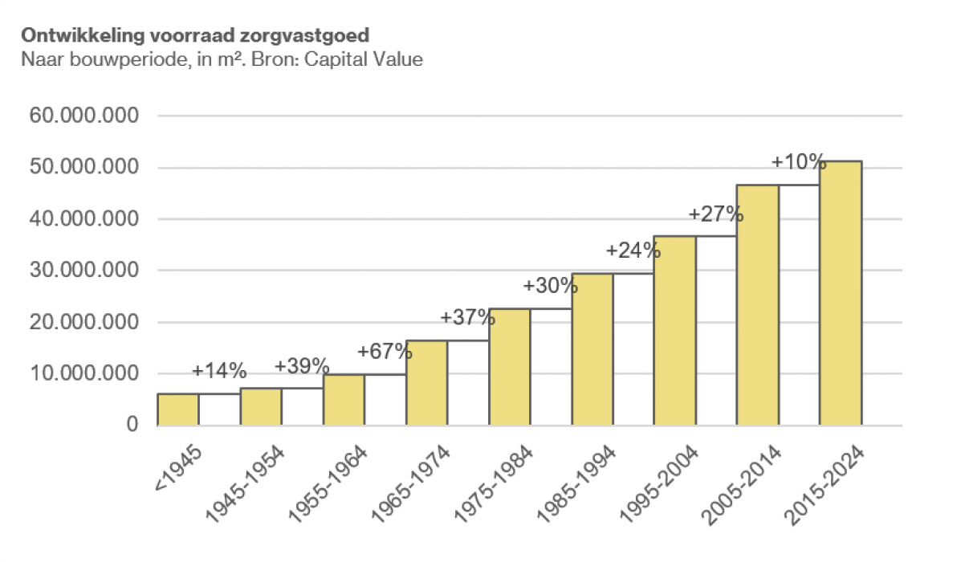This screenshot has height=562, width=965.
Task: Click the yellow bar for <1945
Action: tap(178, 409)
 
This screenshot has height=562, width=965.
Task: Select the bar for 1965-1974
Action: tap(426, 383)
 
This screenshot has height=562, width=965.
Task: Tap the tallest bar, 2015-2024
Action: tap(840, 293)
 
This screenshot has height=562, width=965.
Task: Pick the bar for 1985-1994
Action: tap(592, 349)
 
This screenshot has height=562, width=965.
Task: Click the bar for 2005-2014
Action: tap(757, 305)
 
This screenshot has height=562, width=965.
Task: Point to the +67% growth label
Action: tap(385, 352)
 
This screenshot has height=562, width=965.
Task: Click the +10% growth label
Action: tap(799, 162)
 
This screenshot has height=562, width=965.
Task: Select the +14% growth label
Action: tap(219, 371)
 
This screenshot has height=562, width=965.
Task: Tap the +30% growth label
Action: tap(550, 285)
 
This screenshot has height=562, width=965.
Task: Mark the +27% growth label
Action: tap(716, 215)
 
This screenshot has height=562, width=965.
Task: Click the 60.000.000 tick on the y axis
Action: tap(84, 116)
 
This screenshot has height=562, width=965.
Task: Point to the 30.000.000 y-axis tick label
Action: tap(84, 271)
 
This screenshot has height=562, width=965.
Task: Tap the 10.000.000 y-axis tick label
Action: tap(84, 373)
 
